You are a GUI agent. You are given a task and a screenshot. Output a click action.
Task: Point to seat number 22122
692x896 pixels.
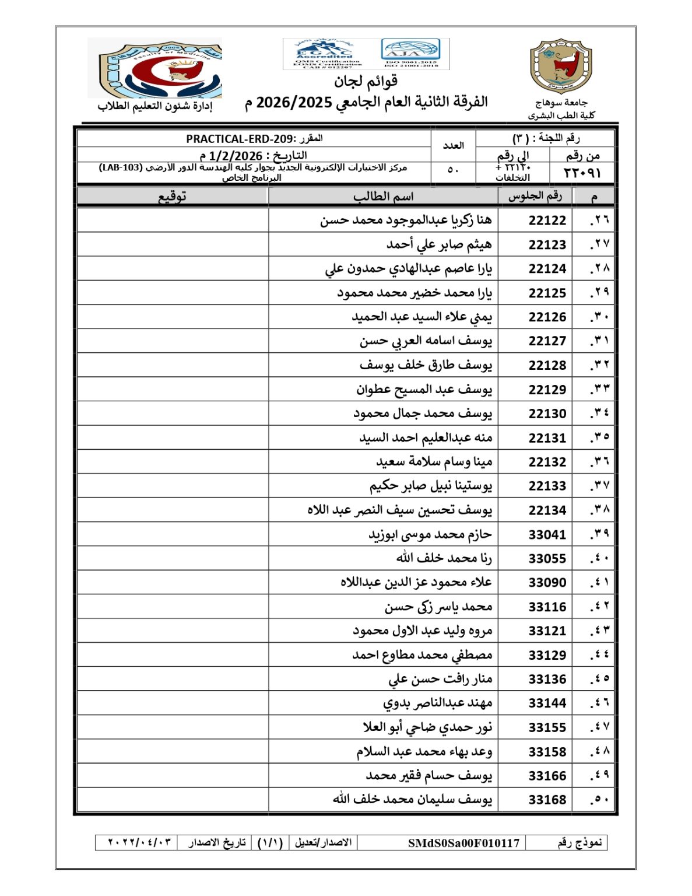click(x=547, y=220)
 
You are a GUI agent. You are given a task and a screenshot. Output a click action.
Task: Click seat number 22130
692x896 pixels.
click(x=547, y=414)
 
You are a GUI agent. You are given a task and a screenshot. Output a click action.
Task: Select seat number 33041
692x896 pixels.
click(x=547, y=534)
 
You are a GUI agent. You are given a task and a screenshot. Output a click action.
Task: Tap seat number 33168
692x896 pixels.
click(x=547, y=800)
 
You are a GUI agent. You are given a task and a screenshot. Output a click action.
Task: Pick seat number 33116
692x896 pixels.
click(x=547, y=607)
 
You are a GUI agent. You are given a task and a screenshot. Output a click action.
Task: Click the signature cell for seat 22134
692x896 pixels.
click(x=173, y=510)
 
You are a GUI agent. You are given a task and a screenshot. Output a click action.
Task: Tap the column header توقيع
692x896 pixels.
click(x=173, y=197)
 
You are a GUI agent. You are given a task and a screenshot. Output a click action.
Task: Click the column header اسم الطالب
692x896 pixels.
click(x=383, y=197)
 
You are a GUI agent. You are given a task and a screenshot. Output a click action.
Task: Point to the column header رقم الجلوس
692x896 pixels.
click(x=535, y=197)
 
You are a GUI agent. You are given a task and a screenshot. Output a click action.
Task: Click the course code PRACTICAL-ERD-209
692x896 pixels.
click(x=241, y=139)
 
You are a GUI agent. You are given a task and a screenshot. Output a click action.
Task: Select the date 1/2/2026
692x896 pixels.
click(x=236, y=156)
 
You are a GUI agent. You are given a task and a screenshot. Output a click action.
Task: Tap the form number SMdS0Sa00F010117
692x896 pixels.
click(x=463, y=843)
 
